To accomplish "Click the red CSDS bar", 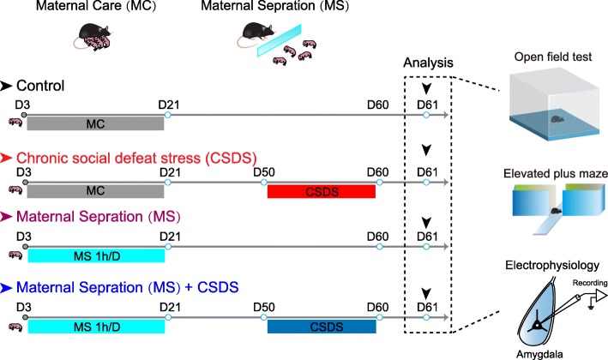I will (322, 191).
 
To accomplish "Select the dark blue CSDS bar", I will (322, 327).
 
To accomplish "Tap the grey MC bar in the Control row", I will (95, 123).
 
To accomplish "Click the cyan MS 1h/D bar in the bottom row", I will (95, 327).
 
